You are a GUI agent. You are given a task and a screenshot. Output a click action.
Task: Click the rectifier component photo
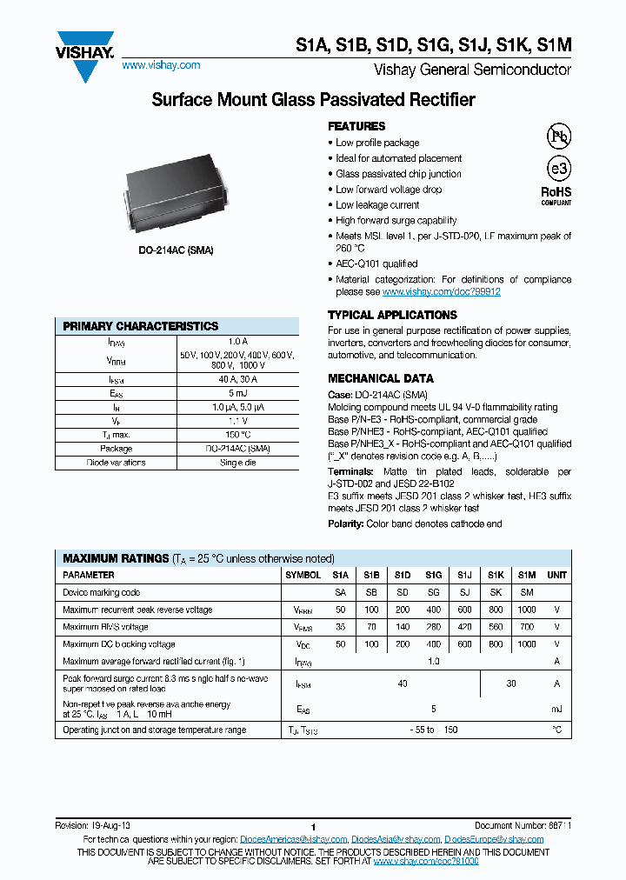[176, 192]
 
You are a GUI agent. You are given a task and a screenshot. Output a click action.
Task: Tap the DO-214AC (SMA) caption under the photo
[176, 250]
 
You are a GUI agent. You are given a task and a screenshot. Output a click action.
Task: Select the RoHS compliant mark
[557, 195]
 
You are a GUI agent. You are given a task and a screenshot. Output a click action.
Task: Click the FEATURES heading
[356, 126]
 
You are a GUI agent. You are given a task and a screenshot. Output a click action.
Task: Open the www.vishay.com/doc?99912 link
[442, 292]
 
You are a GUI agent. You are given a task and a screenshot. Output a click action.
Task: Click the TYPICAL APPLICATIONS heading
[392, 315]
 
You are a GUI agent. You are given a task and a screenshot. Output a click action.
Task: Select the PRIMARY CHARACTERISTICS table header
[141, 326]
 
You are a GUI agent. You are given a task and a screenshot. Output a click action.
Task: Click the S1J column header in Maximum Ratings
[464, 575]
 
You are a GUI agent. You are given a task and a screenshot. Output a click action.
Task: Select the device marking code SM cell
[527, 592]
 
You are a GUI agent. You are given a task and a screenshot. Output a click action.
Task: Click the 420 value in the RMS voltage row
[464, 627]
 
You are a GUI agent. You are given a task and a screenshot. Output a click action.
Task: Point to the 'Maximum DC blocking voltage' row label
[119, 644]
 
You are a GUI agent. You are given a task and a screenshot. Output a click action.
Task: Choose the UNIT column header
[556, 575]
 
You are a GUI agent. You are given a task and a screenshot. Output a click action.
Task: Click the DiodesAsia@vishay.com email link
[396, 839]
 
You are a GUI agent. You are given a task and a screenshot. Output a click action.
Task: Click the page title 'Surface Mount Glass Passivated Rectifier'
[313, 100]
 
